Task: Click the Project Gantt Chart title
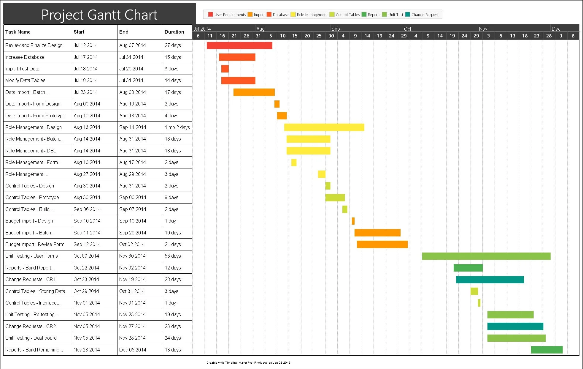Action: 99,15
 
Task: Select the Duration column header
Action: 174,32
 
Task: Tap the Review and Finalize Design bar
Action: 239,45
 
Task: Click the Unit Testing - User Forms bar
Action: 486,256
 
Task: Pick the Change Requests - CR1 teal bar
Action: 490,280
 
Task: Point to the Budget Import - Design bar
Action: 353,221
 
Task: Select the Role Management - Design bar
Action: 324,127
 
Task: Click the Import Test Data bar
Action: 225,69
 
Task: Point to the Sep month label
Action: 336,29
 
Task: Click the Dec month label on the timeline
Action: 556,29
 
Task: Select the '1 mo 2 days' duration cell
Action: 177,127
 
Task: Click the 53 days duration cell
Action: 173,256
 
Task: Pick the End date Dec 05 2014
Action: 133,350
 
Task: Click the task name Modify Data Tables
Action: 25,81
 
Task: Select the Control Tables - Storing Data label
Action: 35,291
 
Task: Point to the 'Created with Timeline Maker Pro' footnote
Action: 249,362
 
